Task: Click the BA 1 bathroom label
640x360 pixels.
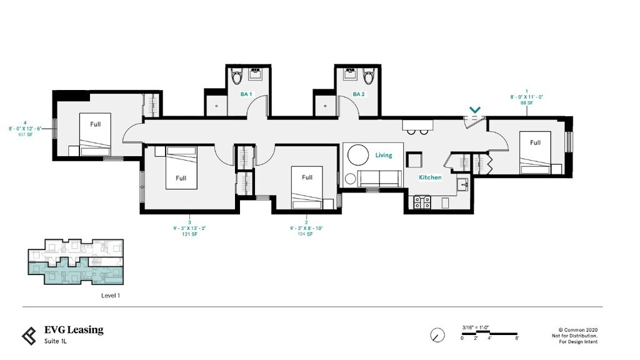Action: (x=246, y=94)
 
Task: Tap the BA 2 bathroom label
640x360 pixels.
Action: (x=358, y=94)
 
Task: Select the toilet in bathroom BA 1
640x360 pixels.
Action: (x=236, y=77)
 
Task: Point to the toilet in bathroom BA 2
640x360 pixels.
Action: (x=368, y=77)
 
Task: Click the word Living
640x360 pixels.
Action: (x=384, y=155)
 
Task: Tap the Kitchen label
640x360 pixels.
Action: (x=430, y=177)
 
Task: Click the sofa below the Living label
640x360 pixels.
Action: (x=378, y=178)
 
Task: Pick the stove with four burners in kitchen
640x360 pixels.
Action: (x=422, y=202)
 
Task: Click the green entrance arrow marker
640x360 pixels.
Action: (x=475, y=110)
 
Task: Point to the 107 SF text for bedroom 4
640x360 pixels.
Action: (x=25, y=134)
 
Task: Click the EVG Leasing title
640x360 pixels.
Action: (x=74, y=330)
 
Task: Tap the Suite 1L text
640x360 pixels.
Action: (x=56, y=341)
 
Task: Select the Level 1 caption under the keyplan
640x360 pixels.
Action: (x=110, y=296)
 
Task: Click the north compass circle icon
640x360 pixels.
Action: (x=437, y=335)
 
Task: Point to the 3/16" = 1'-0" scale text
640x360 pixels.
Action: (x=474, y=327)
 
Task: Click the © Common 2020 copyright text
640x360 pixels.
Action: (x=578, y=329)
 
